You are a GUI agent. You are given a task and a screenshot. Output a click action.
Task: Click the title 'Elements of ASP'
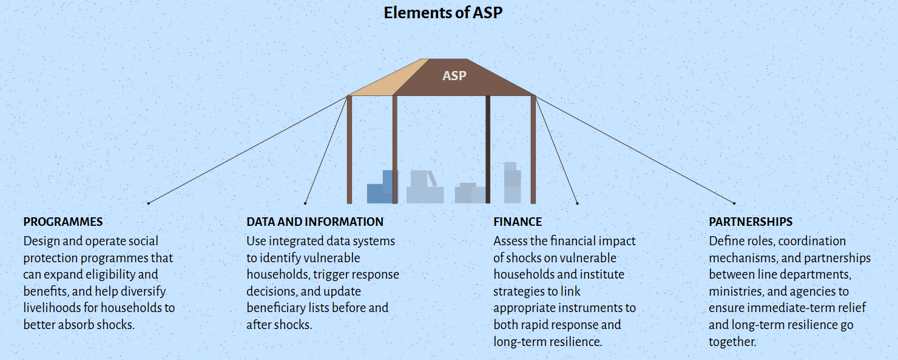(443, 13)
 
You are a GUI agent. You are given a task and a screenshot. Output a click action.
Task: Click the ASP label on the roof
(454, 76)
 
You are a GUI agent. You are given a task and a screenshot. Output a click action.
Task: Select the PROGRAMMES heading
(63, 222)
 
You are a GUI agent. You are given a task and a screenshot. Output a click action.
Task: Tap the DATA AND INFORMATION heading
(315, 222)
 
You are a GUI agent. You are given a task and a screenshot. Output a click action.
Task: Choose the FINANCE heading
(518, 222)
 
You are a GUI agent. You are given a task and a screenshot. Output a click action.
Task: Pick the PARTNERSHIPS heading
(751, 222)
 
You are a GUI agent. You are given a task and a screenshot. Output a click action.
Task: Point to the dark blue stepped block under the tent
(380, 189)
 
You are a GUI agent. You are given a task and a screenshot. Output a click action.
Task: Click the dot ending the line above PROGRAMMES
(148, 203)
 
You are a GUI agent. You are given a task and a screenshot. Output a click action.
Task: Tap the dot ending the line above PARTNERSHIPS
(734, 203)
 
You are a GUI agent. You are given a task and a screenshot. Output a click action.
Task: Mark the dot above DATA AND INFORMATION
(305, 203)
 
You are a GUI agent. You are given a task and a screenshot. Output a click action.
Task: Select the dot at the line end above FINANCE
(577, 203)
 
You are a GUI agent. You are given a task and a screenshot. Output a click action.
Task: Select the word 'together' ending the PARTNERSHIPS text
(732, 342)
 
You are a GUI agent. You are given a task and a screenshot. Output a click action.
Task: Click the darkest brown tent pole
(488, 149)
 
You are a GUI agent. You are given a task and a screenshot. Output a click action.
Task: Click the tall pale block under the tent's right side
(511, 183)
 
